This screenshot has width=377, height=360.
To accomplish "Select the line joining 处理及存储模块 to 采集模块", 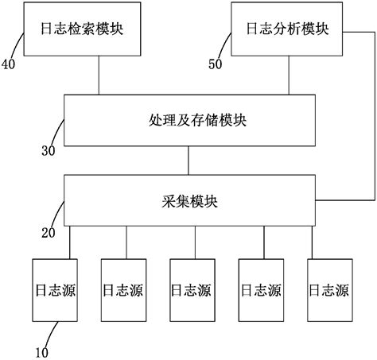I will click(x=188, y=160).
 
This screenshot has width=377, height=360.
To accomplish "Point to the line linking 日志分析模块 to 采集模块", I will click(x=375, y=119).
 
